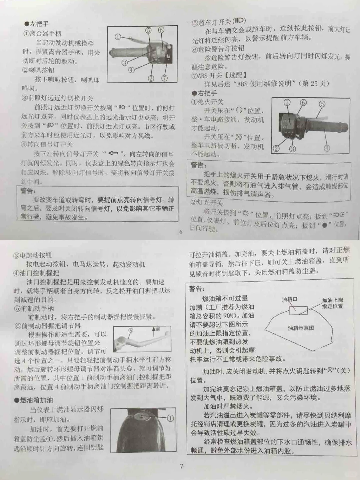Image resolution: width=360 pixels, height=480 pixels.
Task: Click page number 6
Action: (x=181, y=232)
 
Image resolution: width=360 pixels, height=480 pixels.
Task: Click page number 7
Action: (x=181, y=466)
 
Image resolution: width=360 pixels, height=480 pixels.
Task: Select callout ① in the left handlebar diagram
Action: (x=118, y=37)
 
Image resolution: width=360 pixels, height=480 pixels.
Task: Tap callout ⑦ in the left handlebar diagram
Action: (x=164, y=78)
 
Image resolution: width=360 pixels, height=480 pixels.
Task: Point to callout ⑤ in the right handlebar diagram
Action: (x=322, y=104)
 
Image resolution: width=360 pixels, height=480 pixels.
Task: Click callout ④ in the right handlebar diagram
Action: (x=327, y=148)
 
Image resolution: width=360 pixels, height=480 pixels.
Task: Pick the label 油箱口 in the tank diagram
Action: (x=289, y=299)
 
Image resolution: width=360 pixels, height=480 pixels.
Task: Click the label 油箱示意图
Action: (x=301, y=328)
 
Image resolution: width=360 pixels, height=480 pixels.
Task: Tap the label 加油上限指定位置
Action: (x=332, y=303)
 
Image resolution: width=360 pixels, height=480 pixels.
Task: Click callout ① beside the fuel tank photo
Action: (x=170, y=418)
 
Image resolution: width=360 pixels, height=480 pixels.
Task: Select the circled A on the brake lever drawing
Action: (x=131, y=331)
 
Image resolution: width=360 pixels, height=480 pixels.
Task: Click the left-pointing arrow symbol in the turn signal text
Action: (x=113, y=153)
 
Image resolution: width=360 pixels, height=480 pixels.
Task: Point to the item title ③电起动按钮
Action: (x=33, y=255)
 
